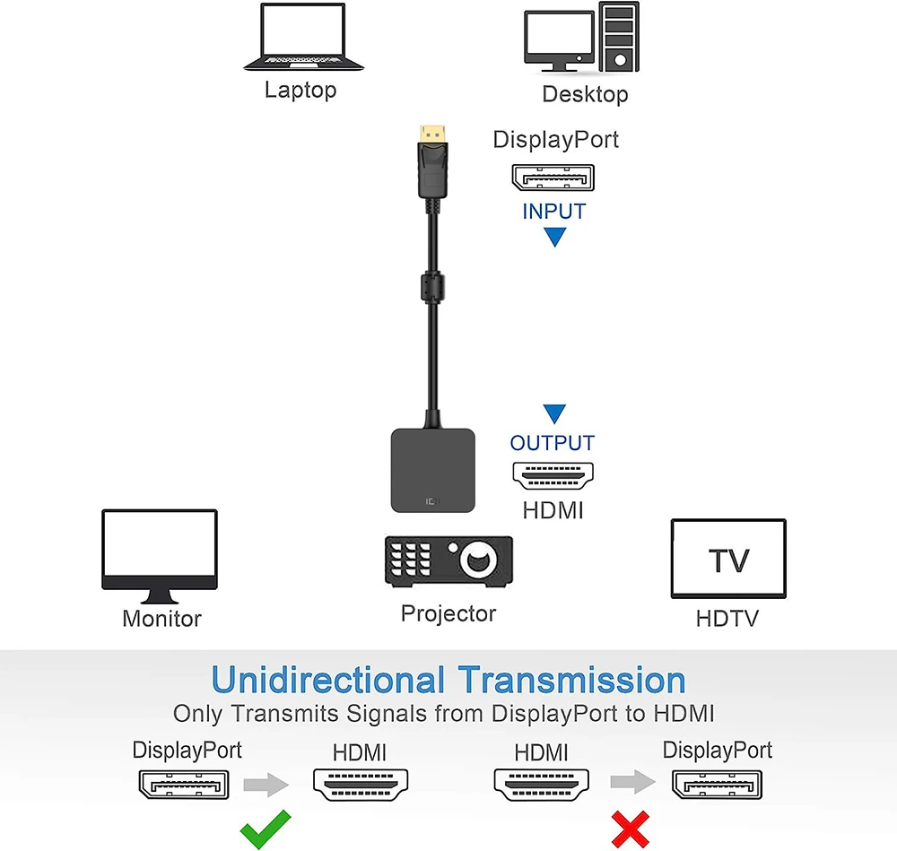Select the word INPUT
[x=553, y=212]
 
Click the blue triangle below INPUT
[x=554, y=238]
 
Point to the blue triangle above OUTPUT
[x=554, y=413]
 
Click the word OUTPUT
[x=553, y=443]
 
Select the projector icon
[x=448, y=562]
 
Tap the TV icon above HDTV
[x=727, y=559]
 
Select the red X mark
[x=630, y=828]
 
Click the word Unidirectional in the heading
[x=328, y=680]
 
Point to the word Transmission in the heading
[x=571, y=680]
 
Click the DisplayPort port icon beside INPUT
[x=553, y=178]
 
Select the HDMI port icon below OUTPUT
[x=553, y=475]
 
